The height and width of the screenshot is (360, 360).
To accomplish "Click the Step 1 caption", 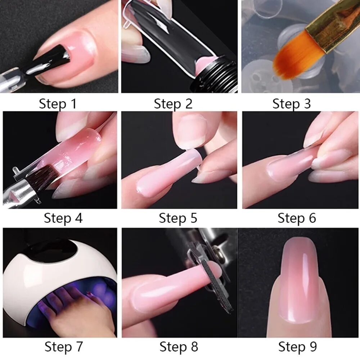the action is coord(58,104).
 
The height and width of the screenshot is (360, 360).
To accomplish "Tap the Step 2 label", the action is coord(173,104).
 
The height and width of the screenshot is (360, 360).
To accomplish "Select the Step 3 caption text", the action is coord(292,104).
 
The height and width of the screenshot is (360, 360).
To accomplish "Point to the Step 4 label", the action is coord(63,218).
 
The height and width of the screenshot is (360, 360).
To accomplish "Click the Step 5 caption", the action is coord(178,218).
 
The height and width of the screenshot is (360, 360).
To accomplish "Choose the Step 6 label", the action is coord(297,218).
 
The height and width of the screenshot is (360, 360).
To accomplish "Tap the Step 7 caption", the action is coord(64,346).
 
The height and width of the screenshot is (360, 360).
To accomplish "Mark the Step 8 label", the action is coord(179,346).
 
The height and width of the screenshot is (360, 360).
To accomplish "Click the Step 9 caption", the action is coord(297,346).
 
